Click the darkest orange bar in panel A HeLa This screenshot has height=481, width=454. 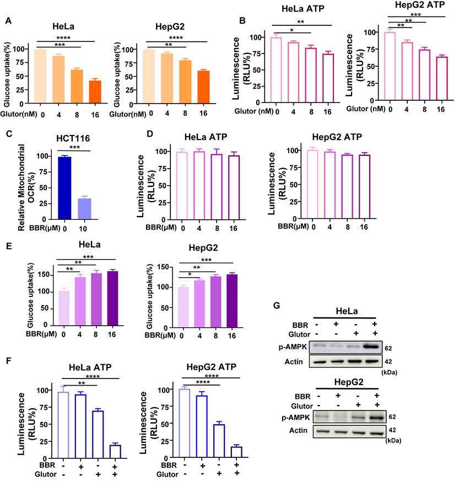click(95, 91)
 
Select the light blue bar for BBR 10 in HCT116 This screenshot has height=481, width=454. click(85, 209)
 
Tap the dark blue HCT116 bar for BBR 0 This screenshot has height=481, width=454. click(64, 188)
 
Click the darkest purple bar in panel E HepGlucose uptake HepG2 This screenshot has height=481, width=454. click(232, 301)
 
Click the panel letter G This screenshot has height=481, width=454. click(277, 306)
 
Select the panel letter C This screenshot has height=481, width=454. click(9, 134)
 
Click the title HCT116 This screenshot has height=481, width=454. click(73, 138)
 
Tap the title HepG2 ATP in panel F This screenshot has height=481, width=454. click(212, 367)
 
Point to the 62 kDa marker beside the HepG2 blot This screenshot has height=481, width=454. click(392, 417)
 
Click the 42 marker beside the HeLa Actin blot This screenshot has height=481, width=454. click(388, 361)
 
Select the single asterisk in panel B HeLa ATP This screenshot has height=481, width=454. click(291, 30)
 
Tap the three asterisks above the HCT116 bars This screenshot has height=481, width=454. click(74, 148)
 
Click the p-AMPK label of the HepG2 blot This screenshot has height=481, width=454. click(296, 417)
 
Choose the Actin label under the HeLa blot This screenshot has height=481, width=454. click(294, 361)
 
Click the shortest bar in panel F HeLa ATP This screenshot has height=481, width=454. click(115, 452)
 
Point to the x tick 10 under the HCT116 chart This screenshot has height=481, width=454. click(83, 229)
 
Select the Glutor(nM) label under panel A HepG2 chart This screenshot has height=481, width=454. click(128, 114)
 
